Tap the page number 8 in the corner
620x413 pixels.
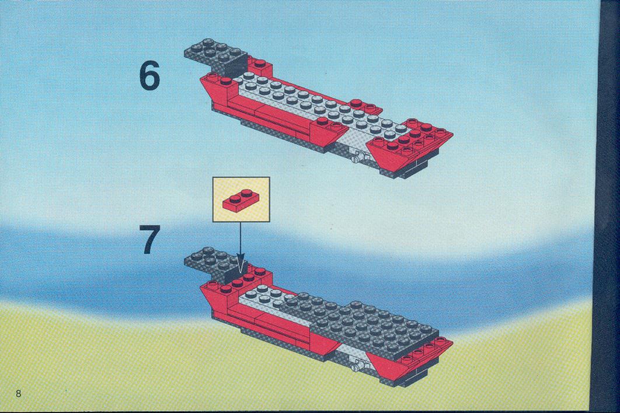tap(18, 393)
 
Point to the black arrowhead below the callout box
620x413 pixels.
tap(241, 263)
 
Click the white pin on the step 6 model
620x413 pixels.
tap(358, 157)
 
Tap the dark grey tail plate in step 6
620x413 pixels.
tap(215, 55)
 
